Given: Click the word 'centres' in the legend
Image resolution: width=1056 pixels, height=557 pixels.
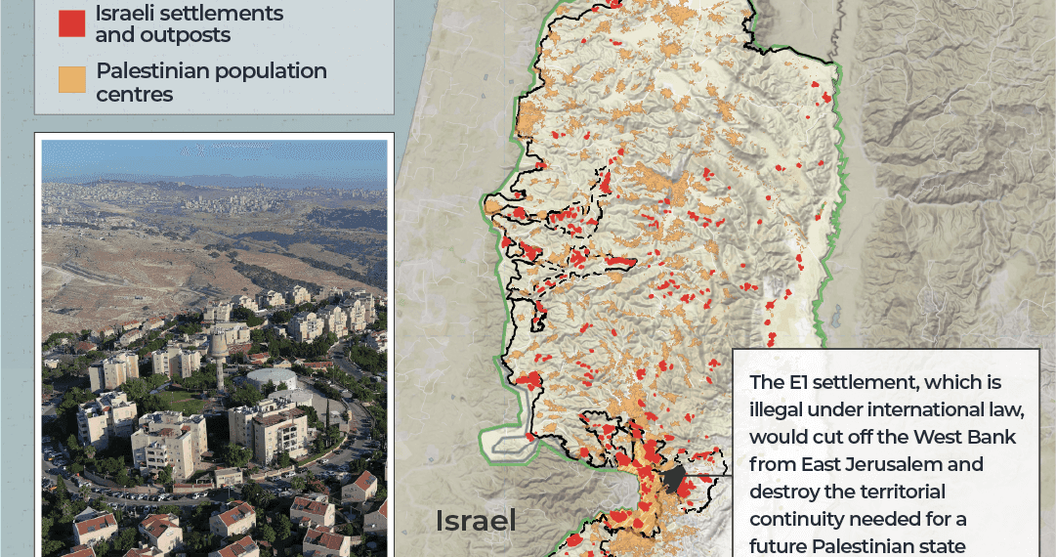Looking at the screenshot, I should (134, 95).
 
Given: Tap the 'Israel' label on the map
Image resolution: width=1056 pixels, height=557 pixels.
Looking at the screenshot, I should (476, 521).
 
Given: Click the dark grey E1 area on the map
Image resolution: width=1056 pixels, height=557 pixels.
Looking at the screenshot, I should (673, 480).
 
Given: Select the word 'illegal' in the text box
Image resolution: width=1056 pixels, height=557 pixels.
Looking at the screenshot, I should (778, 409).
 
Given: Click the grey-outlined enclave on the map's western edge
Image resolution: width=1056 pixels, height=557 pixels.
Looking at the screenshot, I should (508, 442).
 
